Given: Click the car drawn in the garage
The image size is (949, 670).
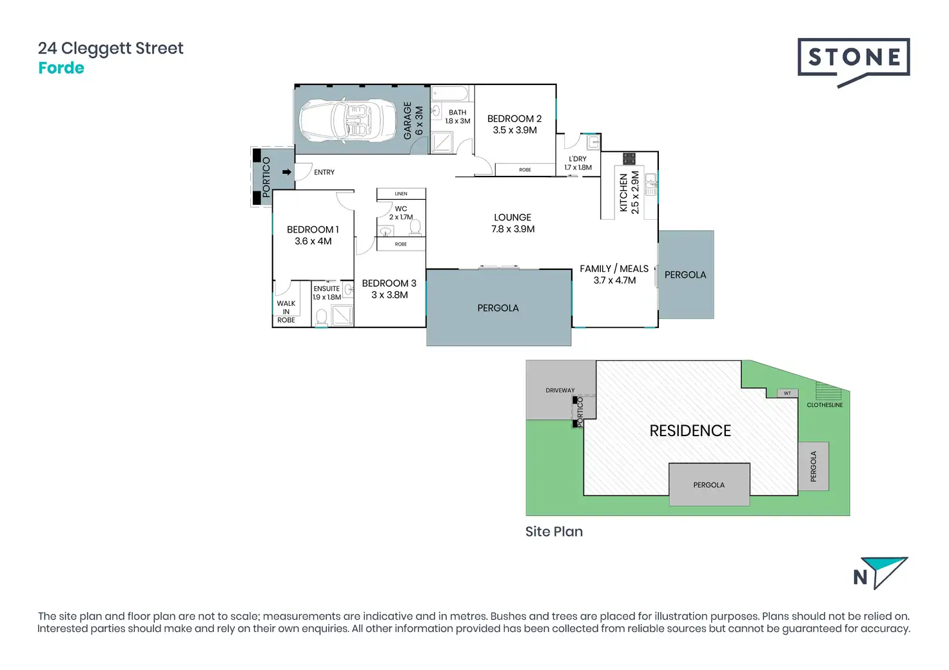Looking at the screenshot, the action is coord(347,120).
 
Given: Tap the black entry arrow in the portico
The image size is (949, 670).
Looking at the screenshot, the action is coord(287,172).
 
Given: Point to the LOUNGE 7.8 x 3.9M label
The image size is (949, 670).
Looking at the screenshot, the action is coord(513,223).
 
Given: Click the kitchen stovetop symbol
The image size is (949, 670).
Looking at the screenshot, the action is coord(629,158).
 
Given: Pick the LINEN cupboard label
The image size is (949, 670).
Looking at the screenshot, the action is coord(401,193).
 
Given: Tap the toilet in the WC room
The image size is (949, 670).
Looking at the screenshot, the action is coord(415,227).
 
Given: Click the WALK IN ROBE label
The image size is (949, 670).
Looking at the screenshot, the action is coord(286,311).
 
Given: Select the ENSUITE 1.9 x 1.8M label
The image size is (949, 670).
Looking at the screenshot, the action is coord(327,292).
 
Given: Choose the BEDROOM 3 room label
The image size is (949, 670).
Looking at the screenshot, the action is coord(389,289).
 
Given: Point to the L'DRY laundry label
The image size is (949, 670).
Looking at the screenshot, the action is coord(578,163).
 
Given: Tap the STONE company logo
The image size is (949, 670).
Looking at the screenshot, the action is coord(854,59).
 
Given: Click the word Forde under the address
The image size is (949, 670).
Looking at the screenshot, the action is coord(61,68).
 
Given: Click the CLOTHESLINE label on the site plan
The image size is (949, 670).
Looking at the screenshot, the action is coord(825,405).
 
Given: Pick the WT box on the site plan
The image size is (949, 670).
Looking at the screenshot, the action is coord(787,393).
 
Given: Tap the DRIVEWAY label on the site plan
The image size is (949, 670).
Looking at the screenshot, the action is coord(560,390).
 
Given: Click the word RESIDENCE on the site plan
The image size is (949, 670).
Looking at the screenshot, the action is coord(690,431).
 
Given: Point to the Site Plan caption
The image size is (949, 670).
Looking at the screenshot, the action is coord(554,531).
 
